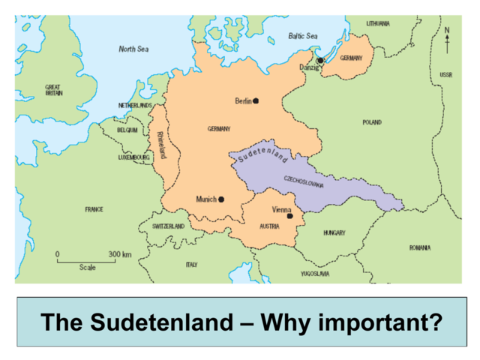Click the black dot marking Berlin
coord(256,100)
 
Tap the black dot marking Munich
coord(221,199)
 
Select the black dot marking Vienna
coord(289,216)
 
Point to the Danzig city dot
coord(320,61)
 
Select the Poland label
coord(372,122)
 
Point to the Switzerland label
coord(168,226)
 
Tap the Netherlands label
coord(135,106)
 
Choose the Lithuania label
coord(378,23)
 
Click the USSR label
coord(445,75)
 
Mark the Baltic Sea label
coord(303,36)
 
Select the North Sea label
coord(134,49)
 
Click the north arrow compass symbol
coord(447,39)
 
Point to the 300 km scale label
coord(120,255)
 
